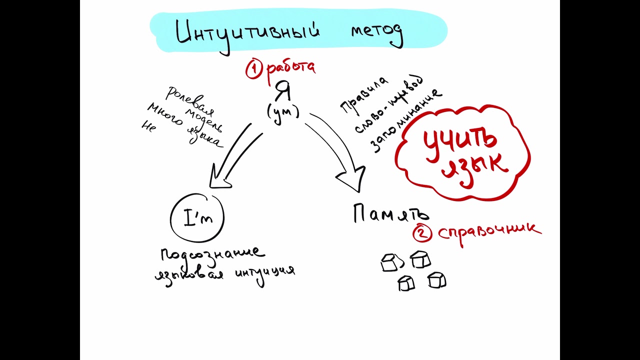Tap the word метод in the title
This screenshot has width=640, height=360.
click(x=376, y=33)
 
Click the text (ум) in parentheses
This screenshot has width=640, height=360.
click(x=283, y=112)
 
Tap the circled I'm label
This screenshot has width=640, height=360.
click(x=197, y=218)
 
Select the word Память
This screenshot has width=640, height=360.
click(x=390, y=213)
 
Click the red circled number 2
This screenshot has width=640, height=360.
click(x=422, y=232)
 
